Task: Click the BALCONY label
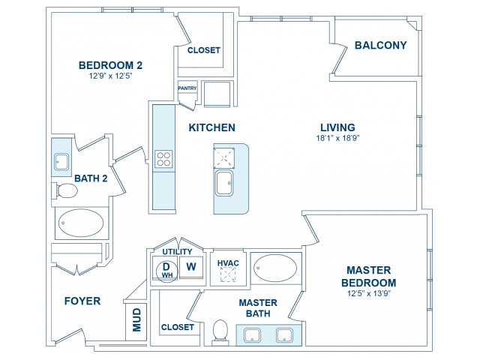coord(380,45)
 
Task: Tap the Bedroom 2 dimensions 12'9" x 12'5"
coord(110,76)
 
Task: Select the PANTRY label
coord(187,88)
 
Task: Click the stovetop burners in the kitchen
coord(163,159)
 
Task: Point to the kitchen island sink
coord(224,183)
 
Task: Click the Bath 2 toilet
coord(64,190)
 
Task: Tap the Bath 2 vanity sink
coord(61,161)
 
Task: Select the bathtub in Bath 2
coord(81,223)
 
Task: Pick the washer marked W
coord(191,267)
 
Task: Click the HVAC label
coord(228,263)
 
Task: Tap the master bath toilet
coord(220,331)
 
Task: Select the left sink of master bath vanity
coord(252,335)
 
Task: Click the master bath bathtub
coord(275,268)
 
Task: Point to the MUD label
coord(136,320)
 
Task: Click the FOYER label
coord(82,301)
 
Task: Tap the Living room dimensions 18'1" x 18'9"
coord(337,138)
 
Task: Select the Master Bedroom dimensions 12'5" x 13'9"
coord(369,293)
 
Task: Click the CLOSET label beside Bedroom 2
coord(203,50)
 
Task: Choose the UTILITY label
coord(177,252)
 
